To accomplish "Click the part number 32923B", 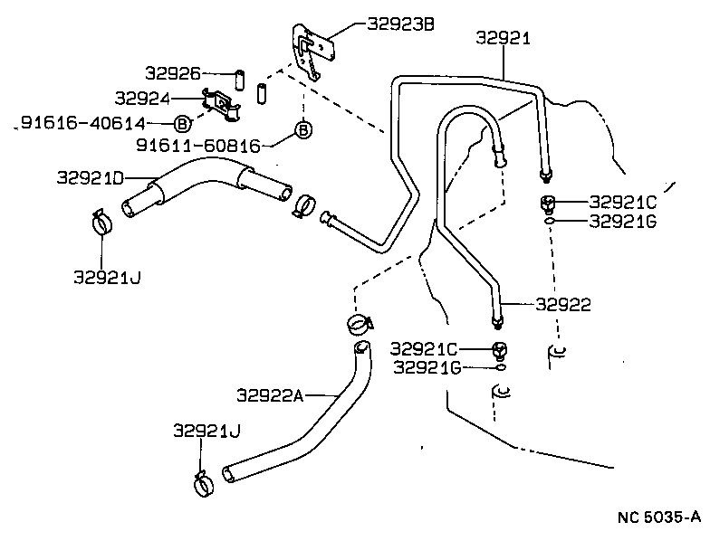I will point(400,24).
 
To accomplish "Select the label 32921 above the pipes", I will point(503,37).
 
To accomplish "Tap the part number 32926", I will point(173,72).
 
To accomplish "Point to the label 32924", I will point(143,96).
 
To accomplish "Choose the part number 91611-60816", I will point(198,145).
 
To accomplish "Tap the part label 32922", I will point(562,305).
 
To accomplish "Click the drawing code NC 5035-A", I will point(659,517).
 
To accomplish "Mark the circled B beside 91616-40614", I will point(181,123).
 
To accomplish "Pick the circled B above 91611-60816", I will point(303,131).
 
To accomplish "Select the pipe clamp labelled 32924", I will point(223,103).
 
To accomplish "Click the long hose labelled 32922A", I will point(308,425).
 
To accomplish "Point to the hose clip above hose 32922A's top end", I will point(359,322).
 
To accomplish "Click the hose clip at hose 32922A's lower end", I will point(206,483).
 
